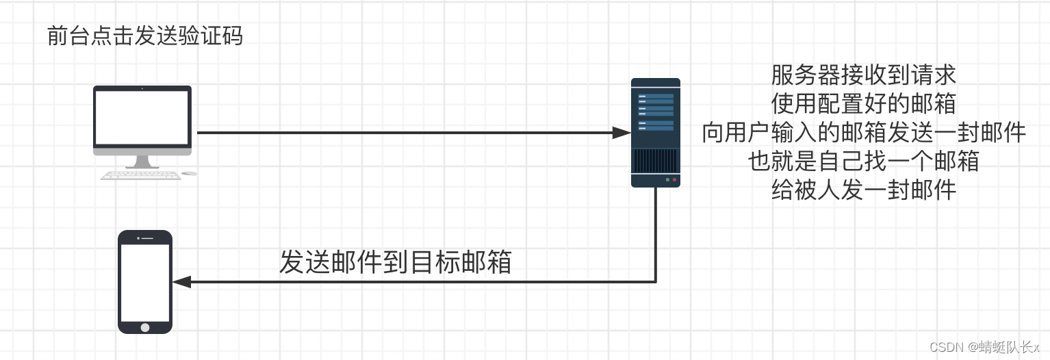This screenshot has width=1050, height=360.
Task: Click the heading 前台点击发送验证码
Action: click(144, 36)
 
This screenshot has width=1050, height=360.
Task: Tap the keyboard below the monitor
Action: click(141, 175)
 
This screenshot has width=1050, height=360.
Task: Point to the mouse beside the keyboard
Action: click(189, 174)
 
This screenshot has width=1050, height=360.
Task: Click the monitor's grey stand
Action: click(142, 162)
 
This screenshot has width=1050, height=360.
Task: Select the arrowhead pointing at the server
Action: click(622, 133)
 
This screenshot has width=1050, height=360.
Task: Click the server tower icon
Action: click(655, 133)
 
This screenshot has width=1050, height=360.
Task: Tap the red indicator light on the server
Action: click(674, 181)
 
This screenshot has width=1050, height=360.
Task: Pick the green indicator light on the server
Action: click(667, 181)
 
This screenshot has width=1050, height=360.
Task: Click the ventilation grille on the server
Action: click(655, 162)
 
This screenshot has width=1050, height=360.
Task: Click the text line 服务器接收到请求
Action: click(863, 74)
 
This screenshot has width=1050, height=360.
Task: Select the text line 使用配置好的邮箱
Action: click(863, 103)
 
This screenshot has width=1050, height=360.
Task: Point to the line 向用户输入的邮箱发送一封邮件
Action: click(864, 133)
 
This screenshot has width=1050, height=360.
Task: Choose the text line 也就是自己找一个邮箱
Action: click(863, 162)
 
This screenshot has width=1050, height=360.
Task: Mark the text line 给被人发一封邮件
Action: click(863, 190)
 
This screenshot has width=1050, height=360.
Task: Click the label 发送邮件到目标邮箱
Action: click(395, 262)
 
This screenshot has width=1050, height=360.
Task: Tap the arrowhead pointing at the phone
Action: click(181, 281)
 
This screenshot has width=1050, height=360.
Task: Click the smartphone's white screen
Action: click(144, 282)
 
